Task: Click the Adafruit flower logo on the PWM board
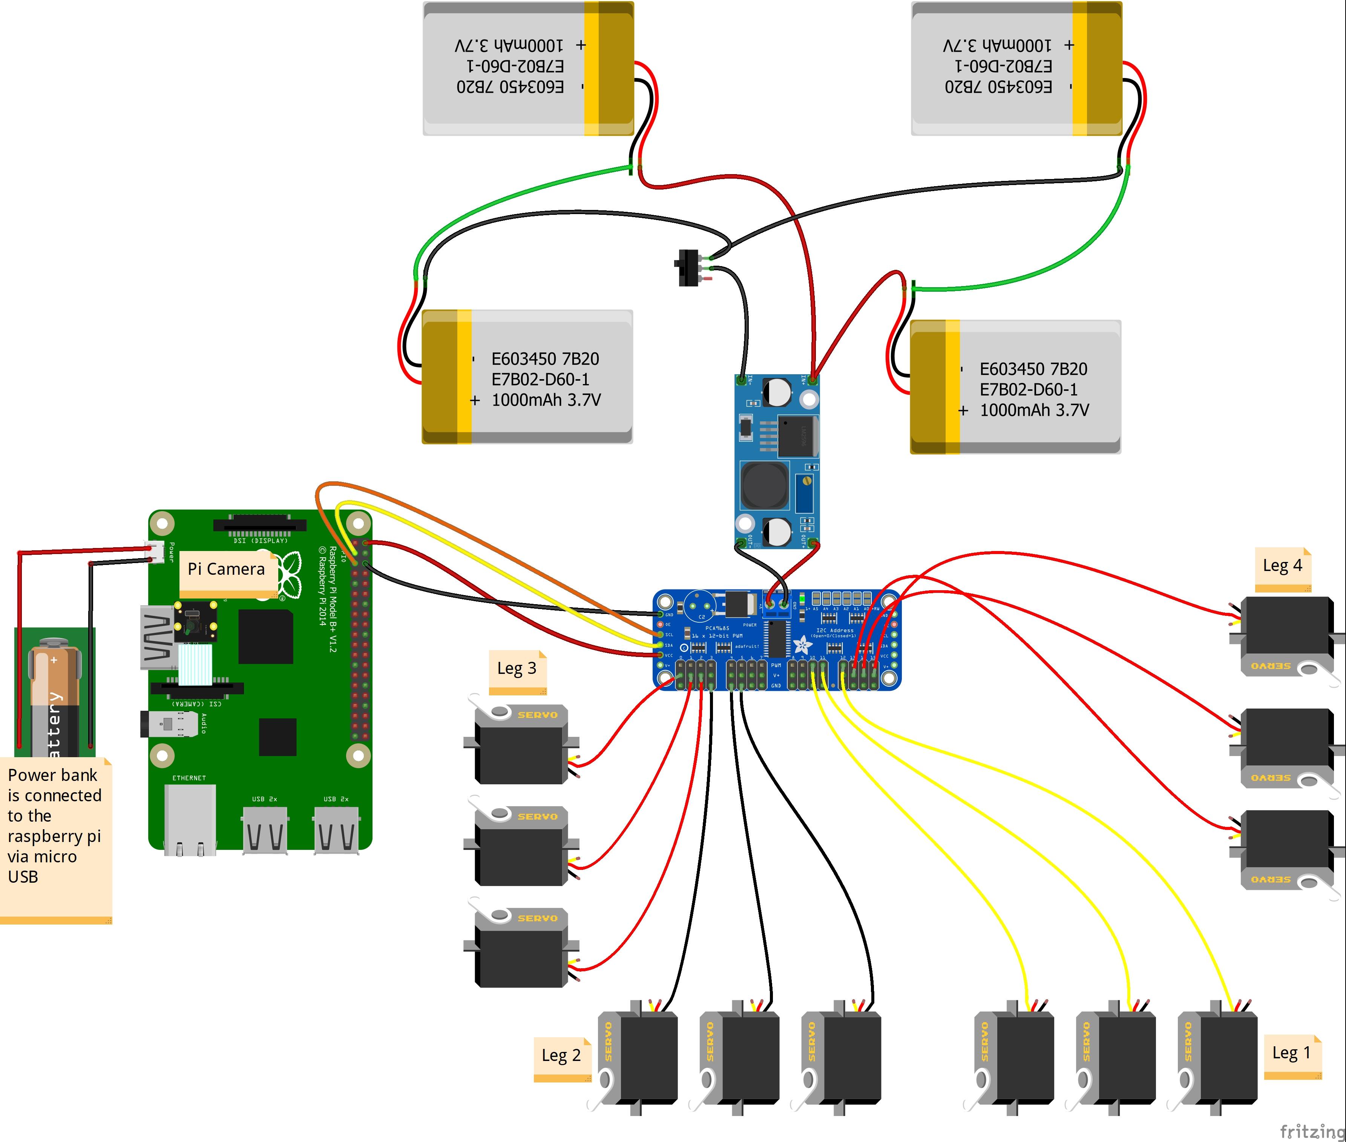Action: tap(802, 644)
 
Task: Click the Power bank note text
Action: tap(54, 825)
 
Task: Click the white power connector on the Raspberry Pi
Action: tap(155, 551)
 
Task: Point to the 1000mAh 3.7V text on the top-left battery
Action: tap(509, 45)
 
